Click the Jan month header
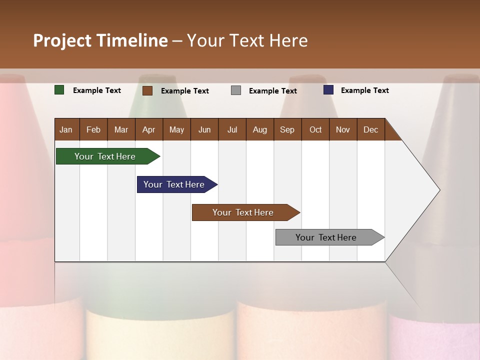point(66,129)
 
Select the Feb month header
point(93,129)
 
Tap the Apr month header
point(148,129)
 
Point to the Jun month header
point(204,129)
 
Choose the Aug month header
point(259,129)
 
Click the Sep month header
point(287,129)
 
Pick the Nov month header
point(343,129)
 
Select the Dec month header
point(370,129)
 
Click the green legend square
point(59,90)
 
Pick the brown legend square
point(147,90)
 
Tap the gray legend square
point(236,90)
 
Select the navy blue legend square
point(328,90)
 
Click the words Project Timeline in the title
point(100,40)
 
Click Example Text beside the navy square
point(364,90)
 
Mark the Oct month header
point(315,129)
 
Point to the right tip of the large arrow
point(438,190)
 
